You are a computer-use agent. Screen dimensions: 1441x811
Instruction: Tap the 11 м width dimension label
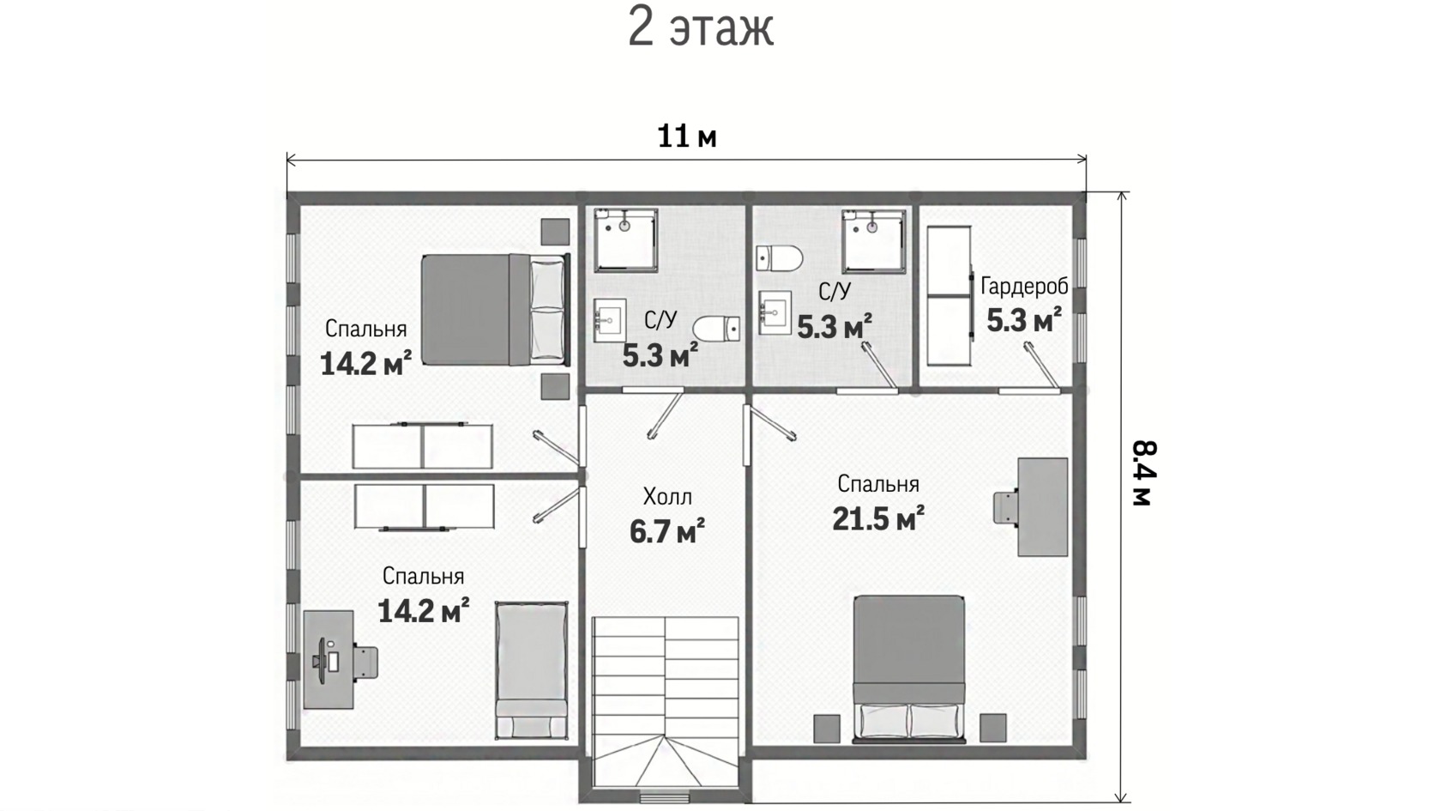tap(686, 136)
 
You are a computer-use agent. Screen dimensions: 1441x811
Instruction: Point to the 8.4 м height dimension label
tap(1144, 473)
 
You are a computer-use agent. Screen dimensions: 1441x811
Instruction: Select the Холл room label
tap(667, 497)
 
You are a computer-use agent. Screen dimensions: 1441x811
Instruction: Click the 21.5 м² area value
tap(878, 518)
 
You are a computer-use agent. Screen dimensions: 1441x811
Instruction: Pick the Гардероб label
tap(1024, 287)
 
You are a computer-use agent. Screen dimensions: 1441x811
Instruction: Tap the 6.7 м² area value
tap(667, 531)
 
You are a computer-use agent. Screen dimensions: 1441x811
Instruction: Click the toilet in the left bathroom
tap(716, 329)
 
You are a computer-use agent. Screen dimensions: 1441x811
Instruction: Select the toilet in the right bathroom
tap(780, 259)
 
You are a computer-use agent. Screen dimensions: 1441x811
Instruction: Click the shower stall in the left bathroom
tap(625, 239)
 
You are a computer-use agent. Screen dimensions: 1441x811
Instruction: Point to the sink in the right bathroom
tap(775, 312)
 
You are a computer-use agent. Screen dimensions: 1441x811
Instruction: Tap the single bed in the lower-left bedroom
tap(532, 670)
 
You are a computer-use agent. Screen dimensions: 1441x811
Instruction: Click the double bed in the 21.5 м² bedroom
tap(909, 669)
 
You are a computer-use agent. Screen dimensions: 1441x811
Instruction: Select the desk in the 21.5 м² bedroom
tap(1043, 506)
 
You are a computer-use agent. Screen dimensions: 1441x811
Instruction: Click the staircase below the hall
tap(666, 702)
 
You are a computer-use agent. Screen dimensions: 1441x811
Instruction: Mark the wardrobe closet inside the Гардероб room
tap(949, 295)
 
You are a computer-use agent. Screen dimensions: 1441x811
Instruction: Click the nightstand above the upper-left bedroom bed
tap(554, 232)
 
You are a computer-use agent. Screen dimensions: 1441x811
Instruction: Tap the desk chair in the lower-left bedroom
tap(365, 663)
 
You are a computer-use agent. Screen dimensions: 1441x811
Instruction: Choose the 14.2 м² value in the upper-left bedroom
tap(366, 364)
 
